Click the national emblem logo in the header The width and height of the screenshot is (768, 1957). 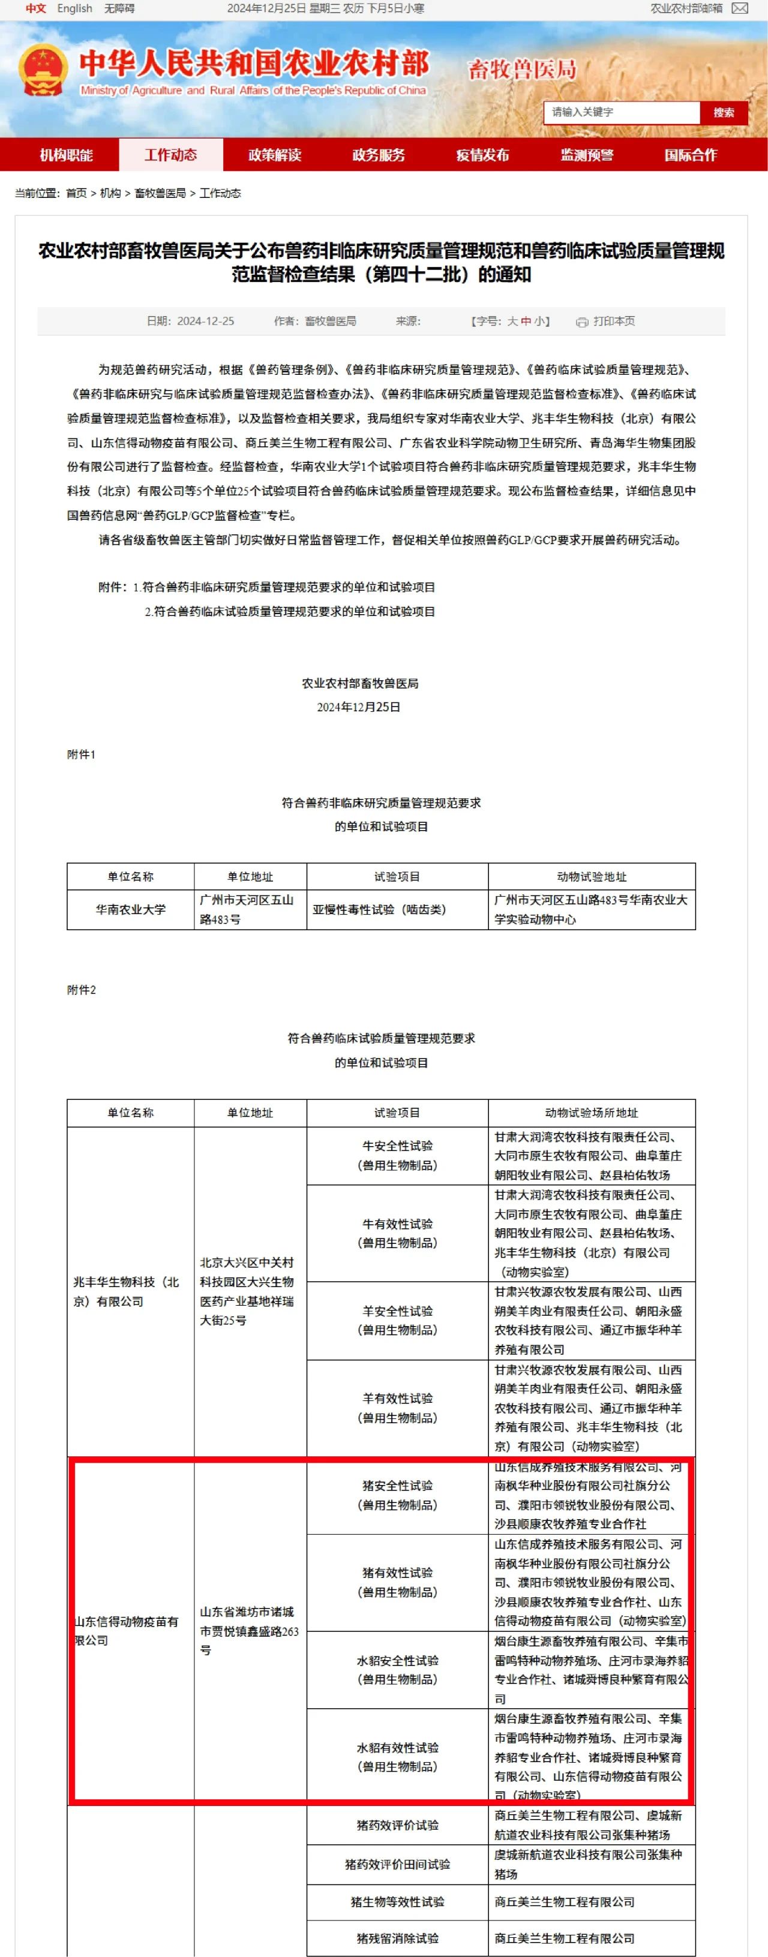[43, 71]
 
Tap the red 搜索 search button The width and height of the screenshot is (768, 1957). [722, 112]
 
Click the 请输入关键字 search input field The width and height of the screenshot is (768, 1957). [620, 112]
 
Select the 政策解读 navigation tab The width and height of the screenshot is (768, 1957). [274, 155]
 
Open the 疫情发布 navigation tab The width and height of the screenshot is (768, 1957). [482, 155]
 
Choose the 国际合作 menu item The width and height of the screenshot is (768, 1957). [690, 155]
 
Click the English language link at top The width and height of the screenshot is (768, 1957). [74, 8]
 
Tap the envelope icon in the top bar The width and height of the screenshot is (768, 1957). [739, 8]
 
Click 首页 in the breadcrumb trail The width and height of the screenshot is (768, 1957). [76, 193]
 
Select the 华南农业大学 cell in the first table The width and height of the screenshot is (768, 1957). [130, 909]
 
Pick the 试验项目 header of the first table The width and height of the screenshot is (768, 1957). [397, 877]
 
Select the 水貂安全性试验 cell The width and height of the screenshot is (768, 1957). [397, 1670]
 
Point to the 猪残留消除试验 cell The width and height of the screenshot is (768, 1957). [397, 1937]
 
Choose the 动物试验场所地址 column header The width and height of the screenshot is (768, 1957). [591, 1113]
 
